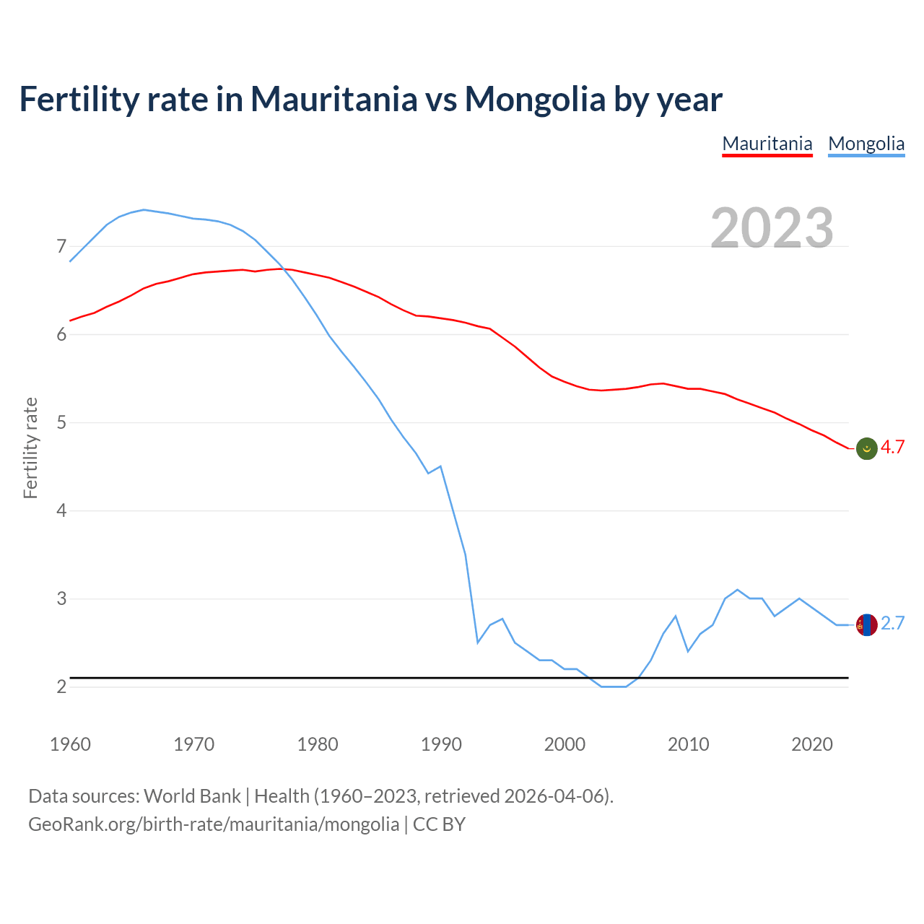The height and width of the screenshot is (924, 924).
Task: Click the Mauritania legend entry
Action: pyautogui.click(x=767, y=144)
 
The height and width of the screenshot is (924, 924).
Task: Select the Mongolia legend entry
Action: pyautogui.click(x=866, y=144)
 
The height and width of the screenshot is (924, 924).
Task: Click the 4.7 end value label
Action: pyautogui.click(x=892, y=448)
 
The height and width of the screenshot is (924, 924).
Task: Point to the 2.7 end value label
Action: pyautogui.click(x=892, y=624)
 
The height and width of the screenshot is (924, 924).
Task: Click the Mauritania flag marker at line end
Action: pyautogui.click(x=866, y=448)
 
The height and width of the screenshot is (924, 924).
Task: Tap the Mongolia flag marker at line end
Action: pyautogui.click(x=866, y=624)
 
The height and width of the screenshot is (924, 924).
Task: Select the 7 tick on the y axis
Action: pyautogui.click(x=61, y=247)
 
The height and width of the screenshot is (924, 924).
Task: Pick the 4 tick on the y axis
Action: pyautogui.click(x=61, y=511)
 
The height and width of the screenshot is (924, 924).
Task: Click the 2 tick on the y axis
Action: pyautogui.click(x=61, y=687)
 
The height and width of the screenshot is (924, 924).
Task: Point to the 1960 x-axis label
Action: pyautogui.click(x=70, y=744)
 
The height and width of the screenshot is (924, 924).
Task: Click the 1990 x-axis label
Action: pyautogui.click(x=441, y=744)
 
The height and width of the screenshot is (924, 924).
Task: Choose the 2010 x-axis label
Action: pyautogui.click(x=689, y=744)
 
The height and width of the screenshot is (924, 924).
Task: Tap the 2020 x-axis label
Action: pyautogui.click(x=812, y=744)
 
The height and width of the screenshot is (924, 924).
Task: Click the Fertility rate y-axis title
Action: pyautogui.click(x=30, y=448)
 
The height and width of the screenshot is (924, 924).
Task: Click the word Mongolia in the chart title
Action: pyautogui.click(x=535, y=99)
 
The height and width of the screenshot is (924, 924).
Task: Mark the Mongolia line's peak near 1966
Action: pyautogui.click(x=144, y=209)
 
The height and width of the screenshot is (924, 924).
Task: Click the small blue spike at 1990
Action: pyautogui.click(x=440, y=466)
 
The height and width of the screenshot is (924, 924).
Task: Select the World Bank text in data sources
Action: pyautogui.click(x=192, y=796)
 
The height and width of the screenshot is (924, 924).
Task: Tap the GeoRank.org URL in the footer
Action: pyautogui.click(x=214, y=824)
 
